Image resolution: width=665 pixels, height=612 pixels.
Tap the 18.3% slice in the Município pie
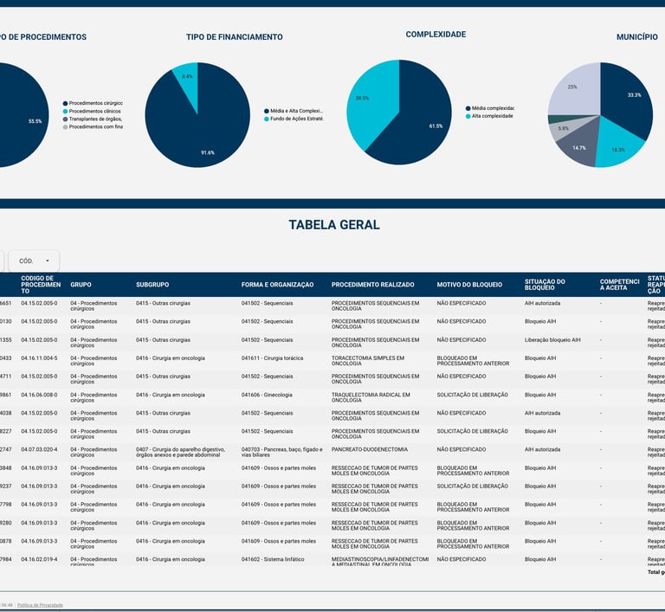[x=616, y=145]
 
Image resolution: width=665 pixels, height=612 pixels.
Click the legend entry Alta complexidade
[x=489, y=116]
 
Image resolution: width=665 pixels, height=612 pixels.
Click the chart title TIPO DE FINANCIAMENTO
[x=234, y=37]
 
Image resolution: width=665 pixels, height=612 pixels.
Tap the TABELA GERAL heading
[x=333, y=225]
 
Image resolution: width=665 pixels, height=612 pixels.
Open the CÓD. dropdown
[x=34, y=261]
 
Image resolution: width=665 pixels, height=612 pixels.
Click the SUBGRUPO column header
[x=152, y=285]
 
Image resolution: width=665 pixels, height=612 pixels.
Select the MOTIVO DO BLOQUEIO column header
[x=469, y=285]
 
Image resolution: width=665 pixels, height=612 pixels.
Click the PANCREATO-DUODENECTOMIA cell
[x=369, y=449]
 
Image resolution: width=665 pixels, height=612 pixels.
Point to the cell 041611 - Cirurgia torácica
[x=273, y=358]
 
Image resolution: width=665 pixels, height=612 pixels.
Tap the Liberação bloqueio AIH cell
[x=552, y=339]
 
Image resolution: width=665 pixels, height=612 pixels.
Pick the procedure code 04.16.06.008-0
[x=39, y=395]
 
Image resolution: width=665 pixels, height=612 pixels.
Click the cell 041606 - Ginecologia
[x=267, y=395]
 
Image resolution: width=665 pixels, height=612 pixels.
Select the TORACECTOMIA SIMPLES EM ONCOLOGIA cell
[x=374, y=361]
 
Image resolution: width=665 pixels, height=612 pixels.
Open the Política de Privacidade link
[x=40, y=605]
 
